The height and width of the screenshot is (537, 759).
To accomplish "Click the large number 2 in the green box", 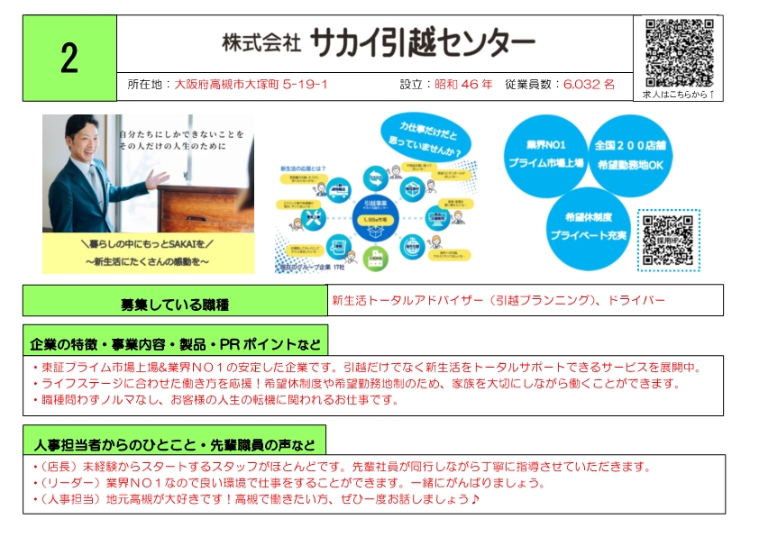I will point(69,58).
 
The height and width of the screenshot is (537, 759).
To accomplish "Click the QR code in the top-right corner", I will point(679,51).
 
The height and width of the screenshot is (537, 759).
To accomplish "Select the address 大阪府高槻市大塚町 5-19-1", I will point(251,85).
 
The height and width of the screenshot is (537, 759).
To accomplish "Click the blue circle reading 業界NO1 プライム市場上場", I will point(545,154).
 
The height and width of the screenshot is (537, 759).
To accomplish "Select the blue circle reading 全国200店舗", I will point(632,154).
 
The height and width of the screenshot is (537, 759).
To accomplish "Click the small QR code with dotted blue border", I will point(668,241).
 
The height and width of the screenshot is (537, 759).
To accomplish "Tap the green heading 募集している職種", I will point(175,302).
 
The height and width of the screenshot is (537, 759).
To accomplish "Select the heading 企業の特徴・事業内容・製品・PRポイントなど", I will point(175,343).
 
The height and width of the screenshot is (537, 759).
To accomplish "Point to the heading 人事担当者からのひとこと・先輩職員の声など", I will point(174,444).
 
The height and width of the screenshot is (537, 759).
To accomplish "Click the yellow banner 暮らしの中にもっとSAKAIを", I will point(148,251).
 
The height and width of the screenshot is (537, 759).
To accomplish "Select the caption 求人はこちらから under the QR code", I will point(678,94).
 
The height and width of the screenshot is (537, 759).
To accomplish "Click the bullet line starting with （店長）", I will point(341,467).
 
